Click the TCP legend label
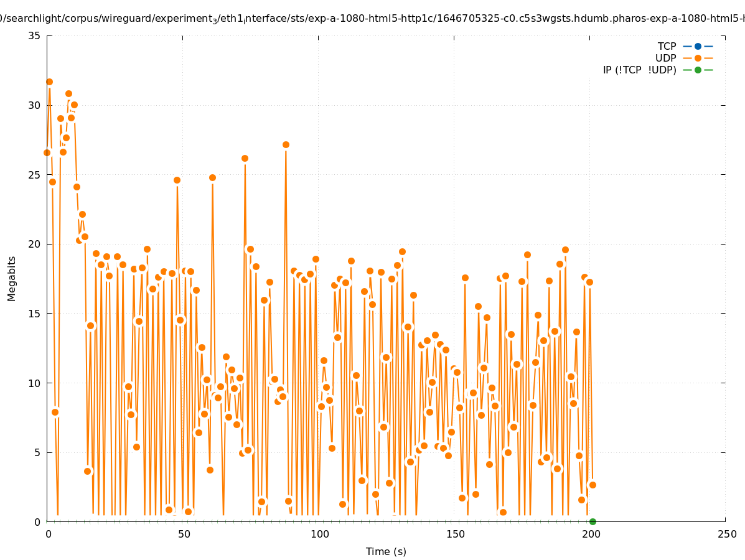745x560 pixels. [x=667, y=46]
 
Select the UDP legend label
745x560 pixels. [x=665, y=58]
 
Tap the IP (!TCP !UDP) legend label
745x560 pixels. [x=639, y=70]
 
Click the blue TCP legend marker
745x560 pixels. [x=698, y=46]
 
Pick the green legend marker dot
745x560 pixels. [x=698, y=70]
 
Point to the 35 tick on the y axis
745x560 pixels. [x=34, y=35]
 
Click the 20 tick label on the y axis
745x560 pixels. [x=34, y=244]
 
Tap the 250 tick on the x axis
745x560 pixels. [x=726, y=534]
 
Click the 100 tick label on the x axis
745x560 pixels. [x=319, y=534]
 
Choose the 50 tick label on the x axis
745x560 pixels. [x=183, y=534]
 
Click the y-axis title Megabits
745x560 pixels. [x=12, y=278]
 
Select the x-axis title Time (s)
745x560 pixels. [x=386, y=551]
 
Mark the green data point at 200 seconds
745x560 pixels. [x=593, y=521]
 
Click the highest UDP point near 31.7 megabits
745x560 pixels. [x=49, y=82]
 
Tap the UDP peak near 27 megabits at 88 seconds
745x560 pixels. [x=286, y=144]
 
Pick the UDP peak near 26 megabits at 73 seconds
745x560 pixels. [x=245, y=158]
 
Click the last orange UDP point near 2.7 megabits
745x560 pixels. [x=593, y=485]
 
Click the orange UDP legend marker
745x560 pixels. [x=698, y=58]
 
